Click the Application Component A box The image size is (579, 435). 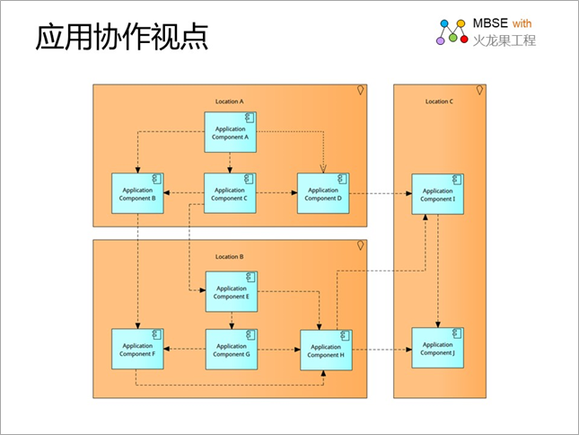click(231, 132)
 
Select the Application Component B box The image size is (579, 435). click(137, 193)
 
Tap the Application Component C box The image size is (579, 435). click(230, 193)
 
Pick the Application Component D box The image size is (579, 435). click(323, 193)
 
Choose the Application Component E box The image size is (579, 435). click(232, 291)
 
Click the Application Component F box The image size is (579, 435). click(137, 349)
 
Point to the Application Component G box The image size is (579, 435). click(232, 350)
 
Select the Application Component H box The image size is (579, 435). click(326, 351)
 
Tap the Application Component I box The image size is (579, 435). click(438, 194)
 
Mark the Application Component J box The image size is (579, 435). click(438, 348)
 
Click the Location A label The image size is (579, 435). click(229, 102)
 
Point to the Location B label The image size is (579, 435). click(229, 256)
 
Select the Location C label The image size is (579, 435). click(439, 102)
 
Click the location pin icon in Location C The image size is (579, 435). click(479, 90)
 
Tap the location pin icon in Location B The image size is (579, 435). click(360, 245)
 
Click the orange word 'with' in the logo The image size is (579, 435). click(522, 23)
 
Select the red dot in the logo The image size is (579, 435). click(464, 39)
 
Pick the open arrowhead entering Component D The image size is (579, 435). click(323, 169)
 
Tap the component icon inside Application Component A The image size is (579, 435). click(250, 118)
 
